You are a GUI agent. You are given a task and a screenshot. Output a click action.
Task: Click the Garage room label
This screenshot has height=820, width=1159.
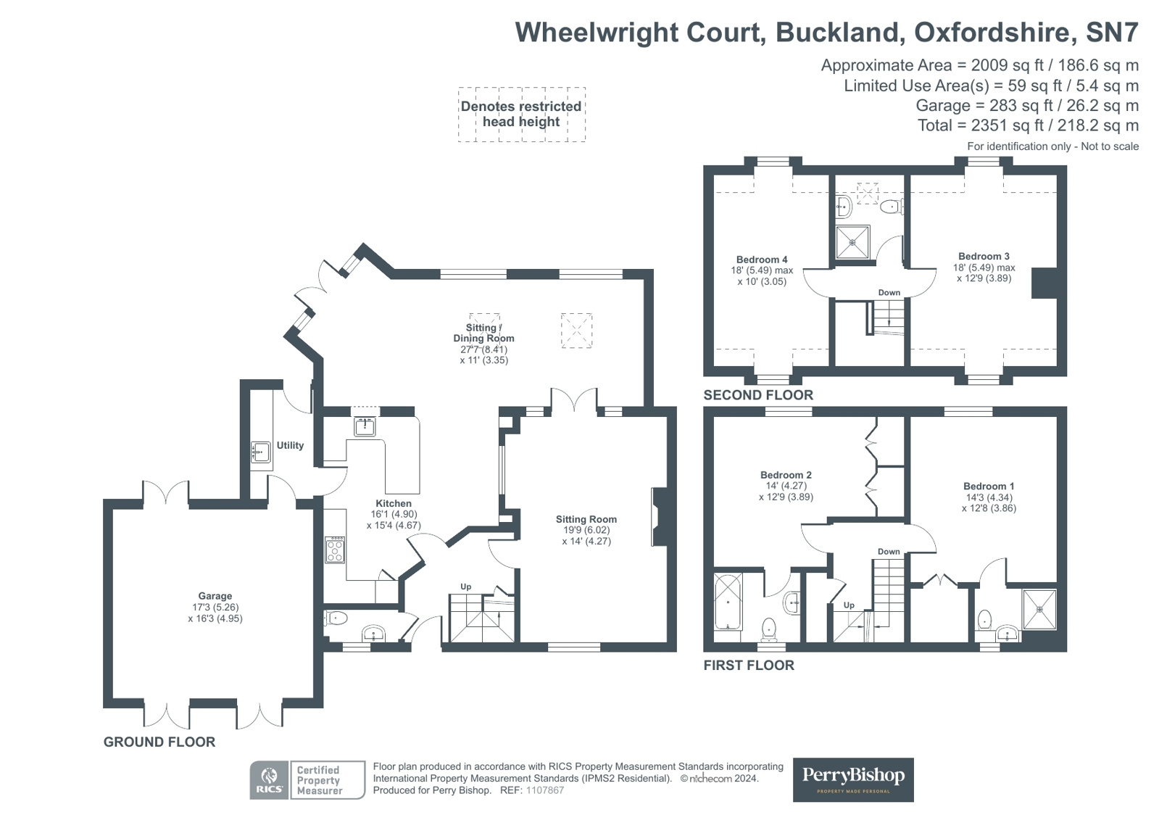215,596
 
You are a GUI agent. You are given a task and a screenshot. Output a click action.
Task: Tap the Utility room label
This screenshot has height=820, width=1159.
290,445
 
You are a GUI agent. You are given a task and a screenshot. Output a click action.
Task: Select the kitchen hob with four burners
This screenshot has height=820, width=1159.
335,550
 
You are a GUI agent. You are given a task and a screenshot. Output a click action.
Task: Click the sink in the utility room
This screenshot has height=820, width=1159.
261,452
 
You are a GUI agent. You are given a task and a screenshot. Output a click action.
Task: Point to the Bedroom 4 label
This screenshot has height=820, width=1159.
762,260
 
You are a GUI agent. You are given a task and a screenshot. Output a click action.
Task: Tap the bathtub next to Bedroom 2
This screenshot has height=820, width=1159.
728,602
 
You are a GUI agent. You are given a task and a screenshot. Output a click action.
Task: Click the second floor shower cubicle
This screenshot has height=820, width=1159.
852,242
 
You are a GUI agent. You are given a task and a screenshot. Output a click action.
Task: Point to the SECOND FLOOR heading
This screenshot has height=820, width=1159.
758,395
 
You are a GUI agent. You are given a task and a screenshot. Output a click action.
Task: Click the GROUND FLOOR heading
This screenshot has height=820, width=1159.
159,742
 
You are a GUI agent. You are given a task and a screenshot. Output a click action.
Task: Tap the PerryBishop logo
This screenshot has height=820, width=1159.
853,779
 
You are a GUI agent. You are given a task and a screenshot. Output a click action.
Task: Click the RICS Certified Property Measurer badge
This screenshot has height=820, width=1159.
307,780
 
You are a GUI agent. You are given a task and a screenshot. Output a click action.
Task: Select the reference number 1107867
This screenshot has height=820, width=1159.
544,790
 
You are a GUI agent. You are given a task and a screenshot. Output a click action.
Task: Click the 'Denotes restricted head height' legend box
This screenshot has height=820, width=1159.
521,114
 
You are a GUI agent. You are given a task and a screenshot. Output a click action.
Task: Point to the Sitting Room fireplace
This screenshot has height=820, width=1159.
660,517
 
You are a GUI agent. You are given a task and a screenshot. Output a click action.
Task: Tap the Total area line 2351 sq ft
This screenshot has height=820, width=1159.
1027,125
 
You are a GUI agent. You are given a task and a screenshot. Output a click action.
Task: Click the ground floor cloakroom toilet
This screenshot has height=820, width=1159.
336,618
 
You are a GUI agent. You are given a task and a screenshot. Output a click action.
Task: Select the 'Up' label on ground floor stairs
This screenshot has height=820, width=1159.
466,587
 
